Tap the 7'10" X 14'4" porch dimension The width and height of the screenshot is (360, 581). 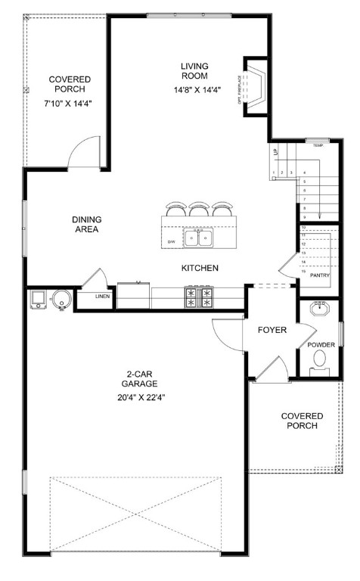tap(70, 104)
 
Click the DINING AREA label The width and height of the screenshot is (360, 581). tap(86, 225)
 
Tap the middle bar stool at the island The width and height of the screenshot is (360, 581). tap(200, 210)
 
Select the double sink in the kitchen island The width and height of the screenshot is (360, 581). tap(200, 238)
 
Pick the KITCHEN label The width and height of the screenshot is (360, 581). tap(200, 269)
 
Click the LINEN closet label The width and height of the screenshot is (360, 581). tap(102, 297)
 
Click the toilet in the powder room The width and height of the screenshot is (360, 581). tap(322, 358)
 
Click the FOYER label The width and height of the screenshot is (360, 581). tap(271, 330)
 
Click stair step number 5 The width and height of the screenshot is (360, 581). tap(303, 182)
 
